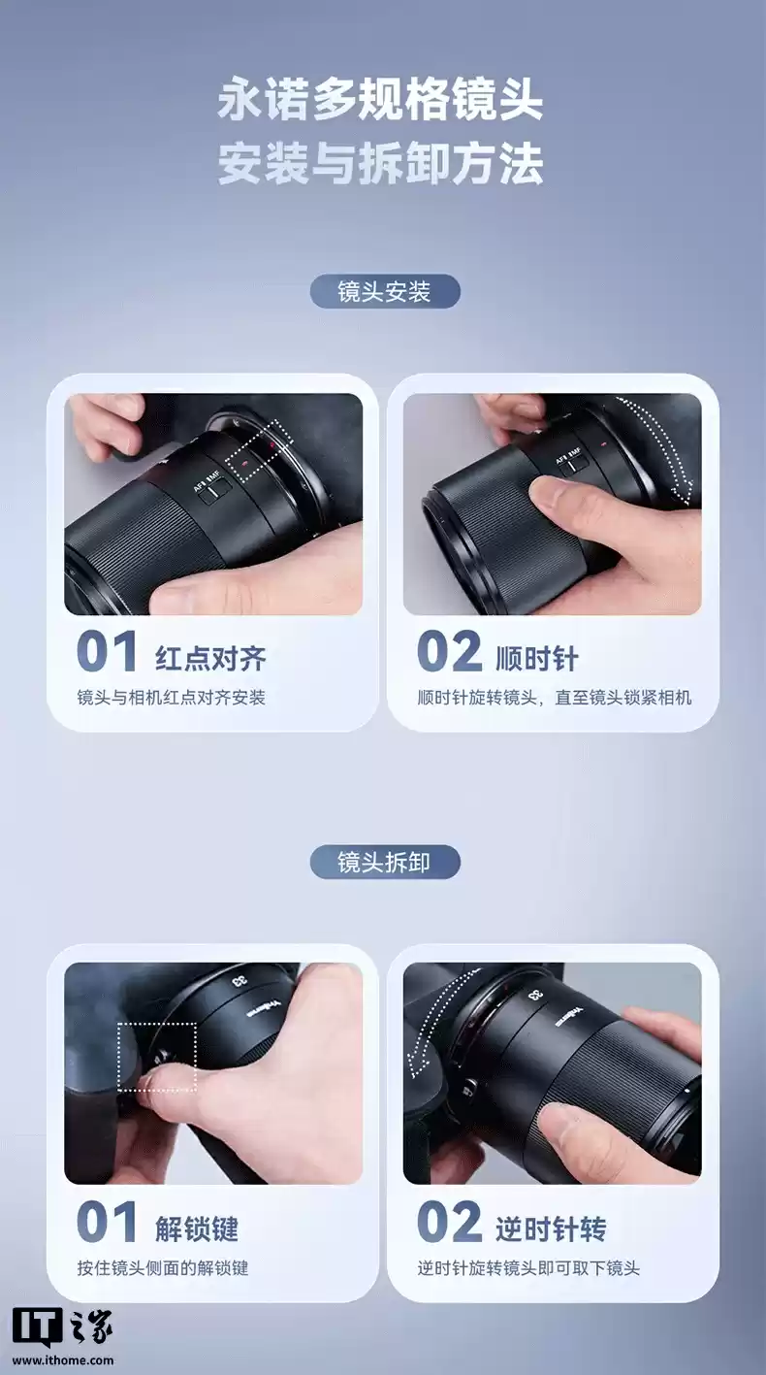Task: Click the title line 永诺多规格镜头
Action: pos(380,101)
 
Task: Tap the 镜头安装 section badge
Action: pos(384,291)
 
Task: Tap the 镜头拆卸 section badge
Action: pos(384,862)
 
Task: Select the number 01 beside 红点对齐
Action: pos(107,652)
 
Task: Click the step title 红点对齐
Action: pos(210,659)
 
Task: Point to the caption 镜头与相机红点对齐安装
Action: pos(172,697)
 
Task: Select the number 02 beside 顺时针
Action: pos(448,652)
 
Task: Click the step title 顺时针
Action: pos(536,659)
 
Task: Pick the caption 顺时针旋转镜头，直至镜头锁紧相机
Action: pos(554,697)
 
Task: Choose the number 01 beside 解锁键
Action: pos(107,1223)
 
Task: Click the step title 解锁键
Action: pos(197,1229)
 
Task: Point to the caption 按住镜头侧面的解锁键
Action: pos(163,1267)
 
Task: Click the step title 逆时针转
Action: pos(551,1229)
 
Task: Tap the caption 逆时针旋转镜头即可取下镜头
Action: pos(528,1267)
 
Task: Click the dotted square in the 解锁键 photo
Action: pos(157,1056)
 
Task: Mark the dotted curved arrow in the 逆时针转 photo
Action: pos(427,1029)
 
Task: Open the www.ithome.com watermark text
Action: pos(63,1359)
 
